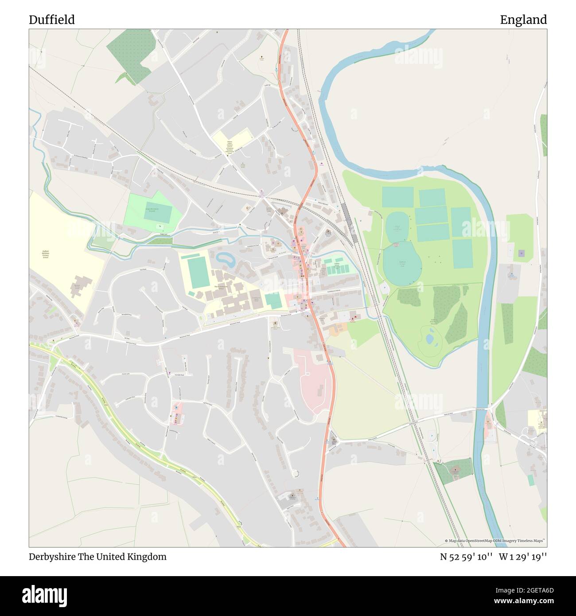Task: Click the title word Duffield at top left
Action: coord(51,19)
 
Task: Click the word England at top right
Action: coord(523,19)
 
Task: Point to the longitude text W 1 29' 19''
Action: coord(523,557)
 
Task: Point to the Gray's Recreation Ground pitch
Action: coord(158,213)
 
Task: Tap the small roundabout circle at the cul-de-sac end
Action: coord(296,474)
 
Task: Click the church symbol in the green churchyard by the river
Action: coord(455,472)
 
